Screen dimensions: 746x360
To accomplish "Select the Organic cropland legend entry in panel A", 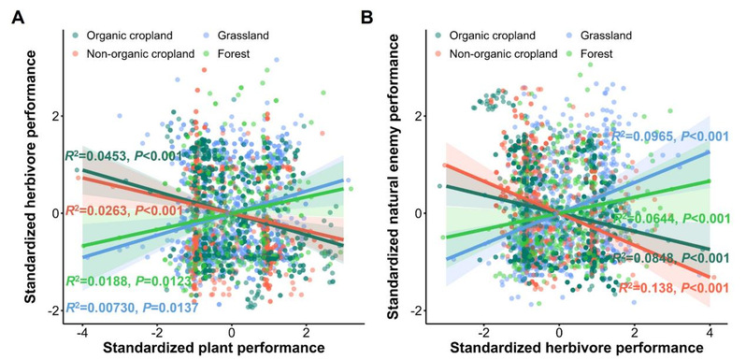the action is tap(122, 35).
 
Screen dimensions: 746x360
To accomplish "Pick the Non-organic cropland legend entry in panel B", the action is tap(496, 54).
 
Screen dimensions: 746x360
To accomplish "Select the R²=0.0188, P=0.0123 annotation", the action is tap(128, 281).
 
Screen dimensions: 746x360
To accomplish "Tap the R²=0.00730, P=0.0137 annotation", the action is tap(131, 307).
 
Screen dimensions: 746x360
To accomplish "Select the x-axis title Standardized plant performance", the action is tap(212, 348).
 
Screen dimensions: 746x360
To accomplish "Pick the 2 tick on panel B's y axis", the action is tap(406, 116).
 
